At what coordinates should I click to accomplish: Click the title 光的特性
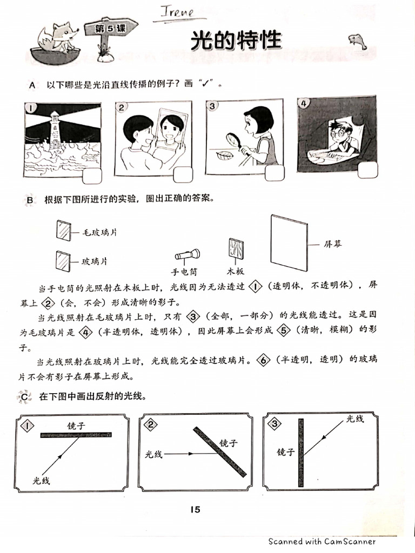236,41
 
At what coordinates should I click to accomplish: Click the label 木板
236,272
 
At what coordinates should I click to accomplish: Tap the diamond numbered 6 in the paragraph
263,361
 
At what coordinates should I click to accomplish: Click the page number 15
195,509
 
